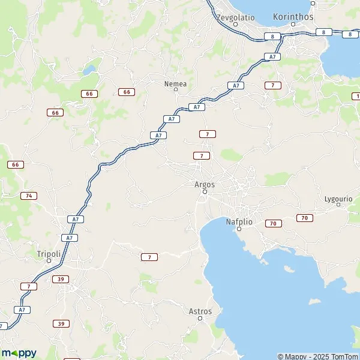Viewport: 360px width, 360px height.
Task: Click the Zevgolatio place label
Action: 235,17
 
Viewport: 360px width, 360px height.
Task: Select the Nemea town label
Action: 175,83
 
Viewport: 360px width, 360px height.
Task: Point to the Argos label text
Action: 205,184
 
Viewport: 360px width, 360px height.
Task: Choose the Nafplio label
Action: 238,222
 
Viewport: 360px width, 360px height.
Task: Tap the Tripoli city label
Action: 49,253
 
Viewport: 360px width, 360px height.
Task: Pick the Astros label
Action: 200,311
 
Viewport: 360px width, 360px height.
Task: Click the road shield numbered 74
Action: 28,196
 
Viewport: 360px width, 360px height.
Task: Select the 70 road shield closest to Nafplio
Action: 273,224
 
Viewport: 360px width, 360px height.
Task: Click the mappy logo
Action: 19,352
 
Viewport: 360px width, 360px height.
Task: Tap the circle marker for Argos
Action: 205,192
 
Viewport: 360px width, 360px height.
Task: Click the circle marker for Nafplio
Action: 239,229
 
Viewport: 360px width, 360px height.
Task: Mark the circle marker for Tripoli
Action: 49,260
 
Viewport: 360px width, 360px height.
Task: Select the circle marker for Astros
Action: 200,318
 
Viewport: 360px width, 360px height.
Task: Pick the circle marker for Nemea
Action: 175,90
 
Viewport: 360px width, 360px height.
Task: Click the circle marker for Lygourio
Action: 338,205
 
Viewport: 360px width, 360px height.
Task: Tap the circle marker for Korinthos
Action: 293,24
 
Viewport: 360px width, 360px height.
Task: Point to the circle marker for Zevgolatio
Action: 235,24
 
